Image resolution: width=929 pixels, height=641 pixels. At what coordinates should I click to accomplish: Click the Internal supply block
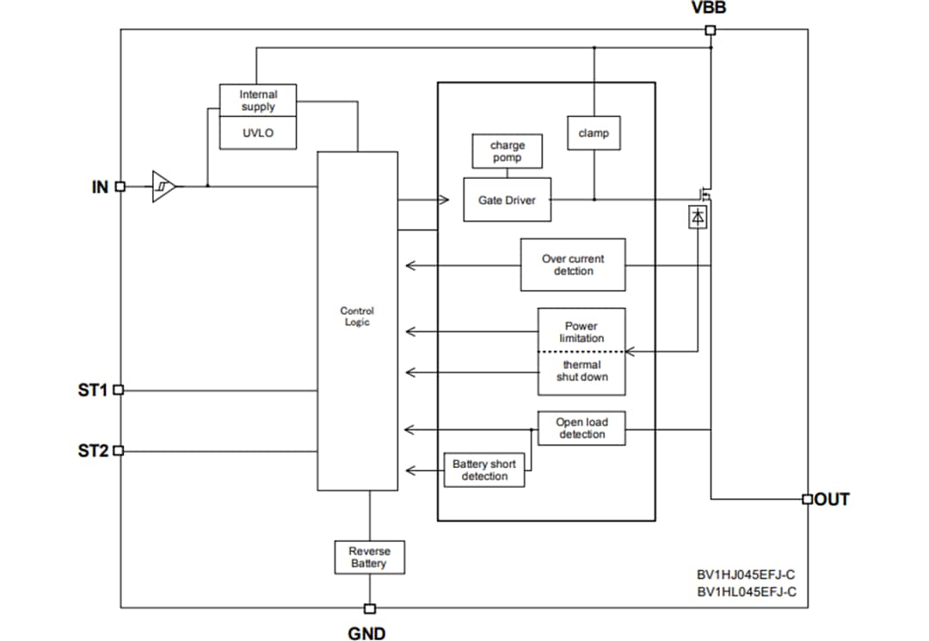click(x=258, y=101)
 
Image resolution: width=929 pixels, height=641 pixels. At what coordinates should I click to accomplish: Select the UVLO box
click(x=258, y=133)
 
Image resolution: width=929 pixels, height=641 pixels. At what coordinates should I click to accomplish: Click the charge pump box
click(x=507, y=151)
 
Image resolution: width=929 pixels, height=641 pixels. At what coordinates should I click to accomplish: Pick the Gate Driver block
click(x=507, y=200)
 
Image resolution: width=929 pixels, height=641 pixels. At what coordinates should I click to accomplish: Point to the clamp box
click(x=594, y=133)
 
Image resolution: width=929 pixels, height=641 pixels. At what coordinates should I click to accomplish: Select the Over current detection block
click(x=573, y=265)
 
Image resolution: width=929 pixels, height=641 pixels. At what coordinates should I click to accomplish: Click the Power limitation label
click(x=581, y=331)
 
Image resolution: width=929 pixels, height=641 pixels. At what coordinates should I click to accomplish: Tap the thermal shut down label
click(x=581, y=372)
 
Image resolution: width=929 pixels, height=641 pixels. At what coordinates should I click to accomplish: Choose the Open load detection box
click(x=581, y=428)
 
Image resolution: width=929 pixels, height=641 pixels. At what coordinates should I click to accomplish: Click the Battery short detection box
click(x=484, y=470)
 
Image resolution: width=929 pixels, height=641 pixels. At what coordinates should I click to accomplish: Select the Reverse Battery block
click(x=369, y=558)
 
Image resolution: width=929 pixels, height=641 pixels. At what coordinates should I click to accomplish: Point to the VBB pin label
click(x=710, y=9)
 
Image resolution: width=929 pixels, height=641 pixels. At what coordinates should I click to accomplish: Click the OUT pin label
click(x=832, y=499)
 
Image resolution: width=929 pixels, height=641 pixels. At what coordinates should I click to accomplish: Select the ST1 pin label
click(x=93, y=390)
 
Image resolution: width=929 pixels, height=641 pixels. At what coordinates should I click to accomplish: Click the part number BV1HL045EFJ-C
click(x=747, y=591)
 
